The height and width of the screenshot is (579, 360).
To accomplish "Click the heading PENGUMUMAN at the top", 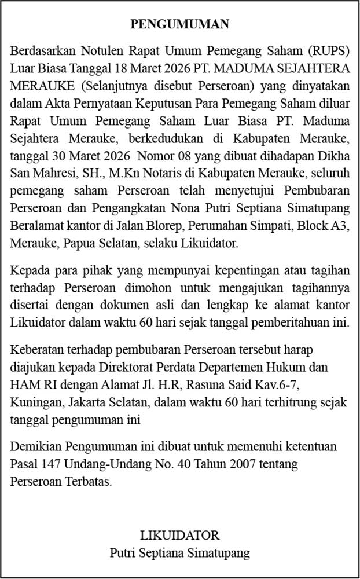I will pyautogui.click(x=179, y=24).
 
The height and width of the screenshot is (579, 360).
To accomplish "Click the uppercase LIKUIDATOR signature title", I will pyautogui.click(x=179, y=534).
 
